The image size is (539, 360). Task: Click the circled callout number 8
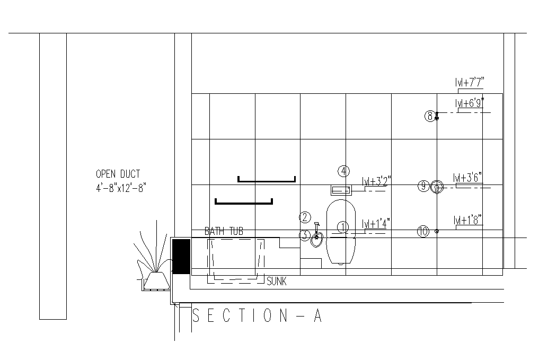430,116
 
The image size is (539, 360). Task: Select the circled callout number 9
423,186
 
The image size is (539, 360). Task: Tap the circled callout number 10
423,231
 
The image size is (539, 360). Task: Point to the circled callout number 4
343,171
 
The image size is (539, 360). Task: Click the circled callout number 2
304,217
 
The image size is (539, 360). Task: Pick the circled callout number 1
343,227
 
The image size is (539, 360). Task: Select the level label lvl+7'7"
470,82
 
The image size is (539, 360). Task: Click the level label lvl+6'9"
470,103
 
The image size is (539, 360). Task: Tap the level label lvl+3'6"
468,178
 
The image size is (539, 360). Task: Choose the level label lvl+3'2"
376,181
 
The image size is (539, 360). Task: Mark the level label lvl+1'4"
376,224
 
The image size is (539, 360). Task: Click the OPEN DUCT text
118,174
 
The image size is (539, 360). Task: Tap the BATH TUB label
224,232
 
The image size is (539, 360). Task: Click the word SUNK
276,282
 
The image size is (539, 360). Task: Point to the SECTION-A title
257,317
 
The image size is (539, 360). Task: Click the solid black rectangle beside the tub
181,256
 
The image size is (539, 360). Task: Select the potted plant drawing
154,262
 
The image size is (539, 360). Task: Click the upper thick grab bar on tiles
267,180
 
